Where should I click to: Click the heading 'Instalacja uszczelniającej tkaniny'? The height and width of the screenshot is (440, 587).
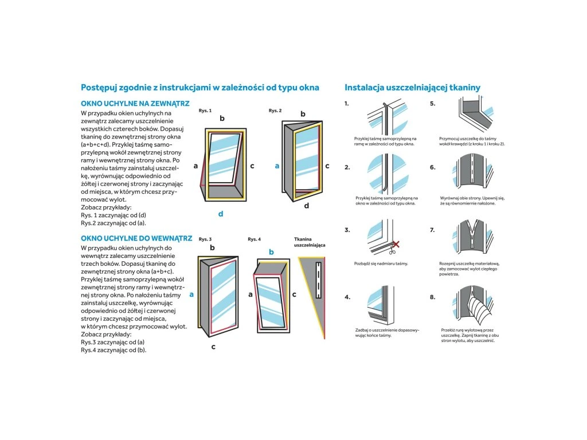(x=412, y=88)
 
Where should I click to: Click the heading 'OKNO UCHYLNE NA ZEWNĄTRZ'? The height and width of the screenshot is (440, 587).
(x=135, y=104)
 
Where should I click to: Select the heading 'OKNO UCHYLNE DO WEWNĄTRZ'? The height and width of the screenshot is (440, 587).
(x=136, y=238)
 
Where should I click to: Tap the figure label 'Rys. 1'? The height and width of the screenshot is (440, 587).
(x=205, y=111)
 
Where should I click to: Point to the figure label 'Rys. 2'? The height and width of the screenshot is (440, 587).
(x=275, y=111)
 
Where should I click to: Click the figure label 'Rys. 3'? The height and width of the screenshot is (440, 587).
(x=205, y=239)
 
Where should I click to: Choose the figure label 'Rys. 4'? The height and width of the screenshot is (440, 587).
(x=254, y=239)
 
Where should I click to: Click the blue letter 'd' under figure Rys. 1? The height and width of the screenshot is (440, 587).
(x=221, y=214)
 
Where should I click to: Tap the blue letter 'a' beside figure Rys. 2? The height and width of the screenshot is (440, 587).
(x=277, y=166)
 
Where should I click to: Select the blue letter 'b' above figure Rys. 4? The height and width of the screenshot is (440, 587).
(x=271, y=252)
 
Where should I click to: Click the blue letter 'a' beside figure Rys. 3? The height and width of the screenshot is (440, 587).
(x=191, y=294)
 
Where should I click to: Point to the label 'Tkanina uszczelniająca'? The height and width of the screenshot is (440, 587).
(x=310, y=242)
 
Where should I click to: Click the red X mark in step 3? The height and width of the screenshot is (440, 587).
(x=396, y=244)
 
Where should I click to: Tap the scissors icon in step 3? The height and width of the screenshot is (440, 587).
(x=392, y=250)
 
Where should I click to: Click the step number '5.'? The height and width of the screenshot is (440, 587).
(x=432, y=104)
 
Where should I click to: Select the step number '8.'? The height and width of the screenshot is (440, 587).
(x=432, y=297)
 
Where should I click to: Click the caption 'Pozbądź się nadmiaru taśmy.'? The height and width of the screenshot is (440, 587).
(x=381, y=264)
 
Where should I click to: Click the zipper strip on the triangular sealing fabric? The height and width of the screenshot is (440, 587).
(x=319, y=280)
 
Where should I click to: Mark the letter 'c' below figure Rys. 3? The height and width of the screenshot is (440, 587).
(x=213, y=347)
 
